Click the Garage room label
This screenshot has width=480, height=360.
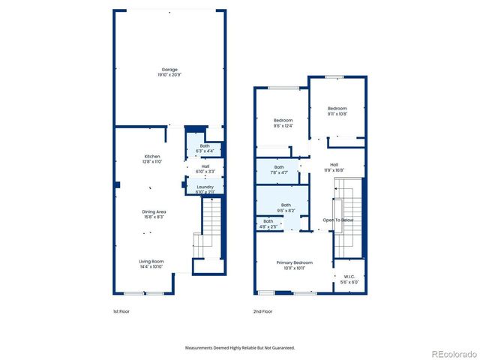pyautogui.click(x=169, y=73)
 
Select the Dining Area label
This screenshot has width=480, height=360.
pyautogui.click(x=154, y=214)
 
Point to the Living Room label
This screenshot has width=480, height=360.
pyautogui.click(x=151, y=264)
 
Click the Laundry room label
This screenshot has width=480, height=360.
pyautogui.click(x=205, y=190)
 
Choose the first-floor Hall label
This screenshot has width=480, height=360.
pyautogui.click(x=205, y=169)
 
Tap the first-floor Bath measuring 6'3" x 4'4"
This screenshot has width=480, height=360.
pyautogui.click(x=205, y=148)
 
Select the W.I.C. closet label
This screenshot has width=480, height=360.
pyautogui.click(x=349, y=279)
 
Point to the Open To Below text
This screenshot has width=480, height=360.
pyautogui.click(x=337, y=220)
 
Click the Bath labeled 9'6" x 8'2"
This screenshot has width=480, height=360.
pyautogui.click(x=286, y=208)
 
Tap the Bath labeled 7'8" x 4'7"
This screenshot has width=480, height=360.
pyautogui.click(x=279, y=169)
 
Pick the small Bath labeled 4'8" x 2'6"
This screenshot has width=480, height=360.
pyautogui.click(x=268, y=223)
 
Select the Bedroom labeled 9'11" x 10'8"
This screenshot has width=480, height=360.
pyautogui.click(x=337, y=112)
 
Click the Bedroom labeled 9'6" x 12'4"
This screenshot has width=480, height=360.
pyautogui.click(x=283, y=123)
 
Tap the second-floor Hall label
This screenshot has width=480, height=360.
pyautogui.click(x=334, y=167)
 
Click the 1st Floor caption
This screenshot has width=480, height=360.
pyautogui.click(x=121, y=311)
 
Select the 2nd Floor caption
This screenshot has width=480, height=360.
pyautogui.click(x=262, y=311)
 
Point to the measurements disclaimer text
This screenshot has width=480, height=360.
pyautogui.click(x=240, y=348)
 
